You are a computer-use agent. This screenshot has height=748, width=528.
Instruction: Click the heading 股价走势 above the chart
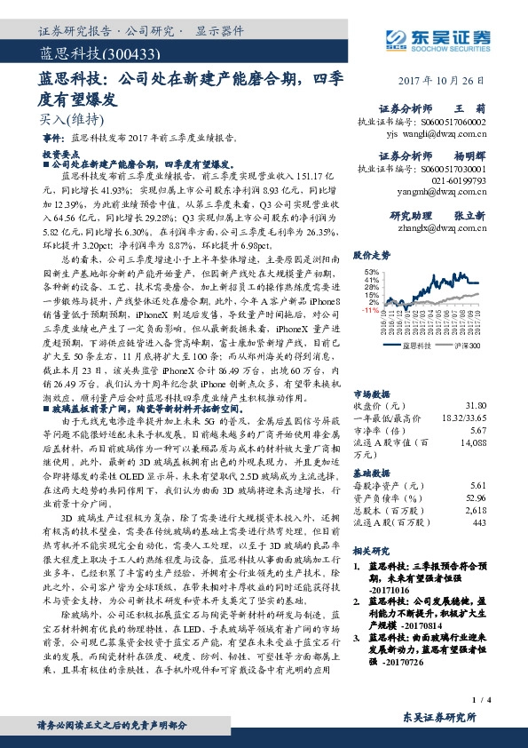pos(373,254)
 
